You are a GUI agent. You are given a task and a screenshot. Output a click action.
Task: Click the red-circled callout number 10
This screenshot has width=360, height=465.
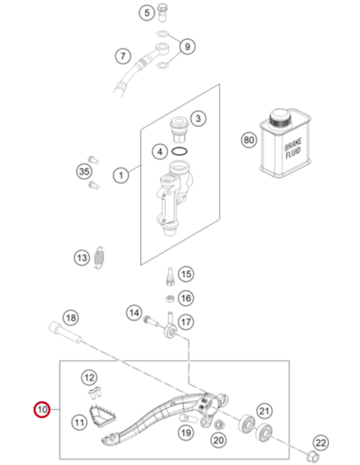tap(41, 409)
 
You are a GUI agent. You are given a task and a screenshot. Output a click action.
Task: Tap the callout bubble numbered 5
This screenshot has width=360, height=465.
tap(147, 13)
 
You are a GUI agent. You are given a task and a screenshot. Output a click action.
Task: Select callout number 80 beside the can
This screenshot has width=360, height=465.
tap(248, 139)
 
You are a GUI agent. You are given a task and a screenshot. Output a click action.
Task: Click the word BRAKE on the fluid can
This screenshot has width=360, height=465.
tap(293, 144)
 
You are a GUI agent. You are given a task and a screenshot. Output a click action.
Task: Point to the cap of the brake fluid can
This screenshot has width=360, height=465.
tap(280, 118)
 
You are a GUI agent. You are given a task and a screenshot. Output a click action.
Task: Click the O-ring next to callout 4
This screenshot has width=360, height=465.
tap(179, 151)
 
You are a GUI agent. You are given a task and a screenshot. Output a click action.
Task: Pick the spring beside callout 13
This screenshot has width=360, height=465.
tap(100, 257)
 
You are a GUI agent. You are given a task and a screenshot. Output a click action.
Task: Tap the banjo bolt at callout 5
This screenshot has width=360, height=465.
tap(162, 12)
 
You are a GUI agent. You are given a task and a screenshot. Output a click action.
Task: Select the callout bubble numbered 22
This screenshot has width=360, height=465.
tap(321, 443)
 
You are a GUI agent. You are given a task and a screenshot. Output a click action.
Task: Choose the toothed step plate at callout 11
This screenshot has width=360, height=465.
tap(102, 416)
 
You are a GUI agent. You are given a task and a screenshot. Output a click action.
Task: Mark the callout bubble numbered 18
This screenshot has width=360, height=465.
tap(71, 318)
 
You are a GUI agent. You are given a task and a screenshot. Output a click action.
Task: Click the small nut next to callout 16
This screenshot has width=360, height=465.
tap(170, 299)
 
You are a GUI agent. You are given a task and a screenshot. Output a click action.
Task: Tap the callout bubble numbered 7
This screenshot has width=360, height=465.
tap(123, 56)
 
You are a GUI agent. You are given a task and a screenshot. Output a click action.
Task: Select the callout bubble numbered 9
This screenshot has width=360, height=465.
tap(187, 46)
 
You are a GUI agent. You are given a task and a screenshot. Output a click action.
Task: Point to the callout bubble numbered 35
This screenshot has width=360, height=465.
tap(84, 171)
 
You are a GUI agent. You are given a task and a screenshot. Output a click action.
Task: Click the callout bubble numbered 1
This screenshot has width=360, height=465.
tap(121, 175)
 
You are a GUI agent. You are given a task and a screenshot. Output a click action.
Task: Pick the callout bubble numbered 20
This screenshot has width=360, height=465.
tap(218, 440)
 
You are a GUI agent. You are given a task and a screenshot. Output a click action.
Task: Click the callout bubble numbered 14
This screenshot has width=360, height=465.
tap(134, 313)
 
